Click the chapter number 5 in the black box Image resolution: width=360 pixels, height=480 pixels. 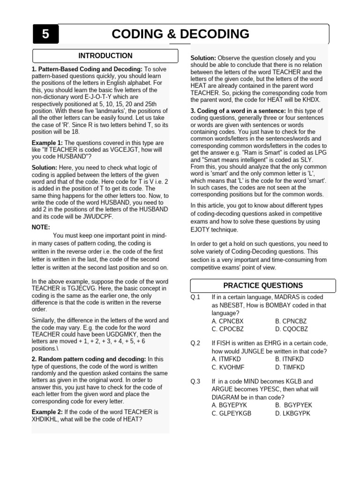coord(45,34)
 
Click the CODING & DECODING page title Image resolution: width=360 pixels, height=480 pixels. coord(180,34)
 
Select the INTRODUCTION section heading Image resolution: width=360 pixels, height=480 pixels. coord(105,56)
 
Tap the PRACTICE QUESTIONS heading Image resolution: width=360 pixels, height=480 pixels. coord(262,285)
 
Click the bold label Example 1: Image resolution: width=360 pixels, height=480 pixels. coord(47,143)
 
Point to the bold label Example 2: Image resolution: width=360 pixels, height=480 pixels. coord(47,412)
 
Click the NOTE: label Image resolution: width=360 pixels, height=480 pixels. coord(41,227)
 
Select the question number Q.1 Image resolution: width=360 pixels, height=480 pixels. coord(195,297)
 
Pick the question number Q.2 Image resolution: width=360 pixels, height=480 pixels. coord(195,344)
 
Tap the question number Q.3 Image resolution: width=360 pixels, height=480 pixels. coord(195,382)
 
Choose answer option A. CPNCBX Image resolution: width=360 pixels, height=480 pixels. coord(228,321)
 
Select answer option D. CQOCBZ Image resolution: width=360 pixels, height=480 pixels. coord(292,329)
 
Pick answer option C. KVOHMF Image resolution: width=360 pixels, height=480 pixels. coord(228,367)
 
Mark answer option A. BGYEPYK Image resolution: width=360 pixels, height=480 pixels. coord(229,405)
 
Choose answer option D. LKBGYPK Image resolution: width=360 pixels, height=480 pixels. coord(293,413)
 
